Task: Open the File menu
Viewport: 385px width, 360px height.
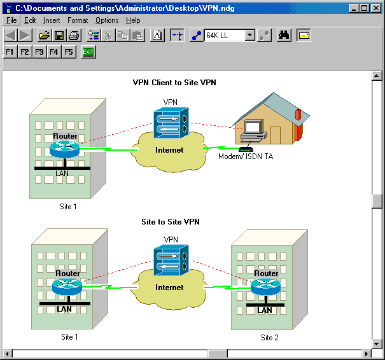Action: click(11, 20)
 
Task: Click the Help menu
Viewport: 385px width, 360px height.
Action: click(133, 20)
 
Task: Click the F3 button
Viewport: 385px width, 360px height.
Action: click(39, 52)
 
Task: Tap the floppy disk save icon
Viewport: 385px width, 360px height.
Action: click(59, 36)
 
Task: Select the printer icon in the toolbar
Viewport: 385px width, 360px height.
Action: click(74, 36)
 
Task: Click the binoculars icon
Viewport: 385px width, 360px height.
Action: click(284, 36)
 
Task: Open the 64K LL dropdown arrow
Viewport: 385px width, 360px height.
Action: click(250, 36)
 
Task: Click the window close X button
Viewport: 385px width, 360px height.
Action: click(376, 8)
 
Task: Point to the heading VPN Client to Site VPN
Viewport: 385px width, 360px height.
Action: click(174, 83)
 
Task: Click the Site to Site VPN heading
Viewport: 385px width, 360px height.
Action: click(171, 222)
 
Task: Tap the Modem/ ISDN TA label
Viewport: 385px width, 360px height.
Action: click(246, 156)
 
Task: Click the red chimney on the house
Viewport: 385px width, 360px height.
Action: click(298, 115)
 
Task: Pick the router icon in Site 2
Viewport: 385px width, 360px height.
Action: click(265, 287)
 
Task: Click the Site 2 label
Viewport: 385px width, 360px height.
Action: click(270, 338)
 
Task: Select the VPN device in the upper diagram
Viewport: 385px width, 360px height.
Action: click(171, 123)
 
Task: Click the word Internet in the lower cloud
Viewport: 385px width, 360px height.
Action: click(169, 287)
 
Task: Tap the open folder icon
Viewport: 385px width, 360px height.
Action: click(45, 36)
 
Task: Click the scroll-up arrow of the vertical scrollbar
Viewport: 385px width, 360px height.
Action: click(377, 76)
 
